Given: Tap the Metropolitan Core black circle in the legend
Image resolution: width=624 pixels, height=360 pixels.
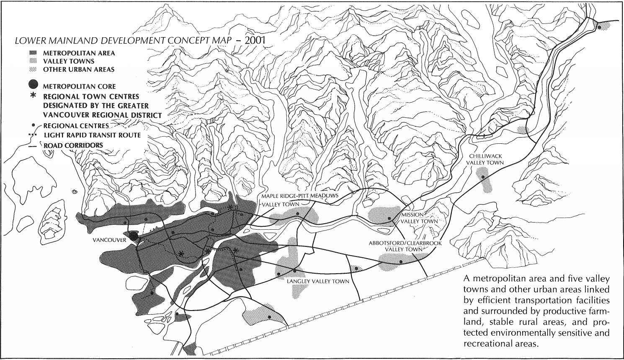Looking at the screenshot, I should click(34, 86).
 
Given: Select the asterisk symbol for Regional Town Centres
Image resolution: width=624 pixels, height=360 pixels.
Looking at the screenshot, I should click(34, 96).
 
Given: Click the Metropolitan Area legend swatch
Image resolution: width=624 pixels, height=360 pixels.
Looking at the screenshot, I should click(34, 53).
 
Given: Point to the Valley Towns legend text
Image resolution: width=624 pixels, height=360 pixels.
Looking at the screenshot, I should click(69, 61).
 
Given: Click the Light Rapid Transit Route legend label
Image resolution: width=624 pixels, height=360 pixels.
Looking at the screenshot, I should click(92, 135).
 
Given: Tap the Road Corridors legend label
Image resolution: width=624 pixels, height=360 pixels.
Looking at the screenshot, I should click(73, 145).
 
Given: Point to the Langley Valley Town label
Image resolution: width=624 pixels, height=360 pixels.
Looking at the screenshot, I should click(317, 281).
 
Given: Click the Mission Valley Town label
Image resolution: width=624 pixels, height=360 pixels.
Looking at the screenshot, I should click(420, 218).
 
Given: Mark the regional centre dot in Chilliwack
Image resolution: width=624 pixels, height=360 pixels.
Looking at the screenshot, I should click(483, 178).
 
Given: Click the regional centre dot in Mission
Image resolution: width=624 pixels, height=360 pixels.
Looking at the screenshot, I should click(389, 218).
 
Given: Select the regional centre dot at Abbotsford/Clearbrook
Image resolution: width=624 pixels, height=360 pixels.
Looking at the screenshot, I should click(401, 262).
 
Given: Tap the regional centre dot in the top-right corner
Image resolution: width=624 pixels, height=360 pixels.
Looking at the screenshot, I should click(599, 27).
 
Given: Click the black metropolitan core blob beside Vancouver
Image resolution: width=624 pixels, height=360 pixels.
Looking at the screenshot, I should click(132, 236).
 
